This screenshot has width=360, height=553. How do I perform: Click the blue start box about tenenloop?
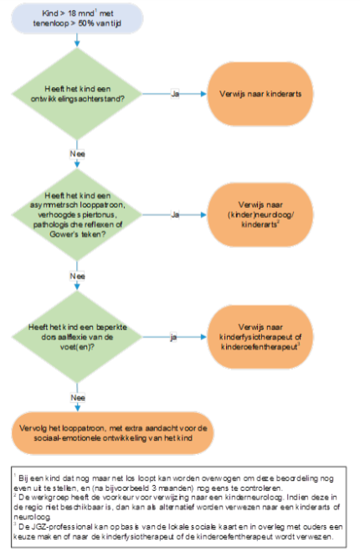coord(77,18)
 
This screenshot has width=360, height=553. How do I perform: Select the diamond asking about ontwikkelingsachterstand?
coord(77,94)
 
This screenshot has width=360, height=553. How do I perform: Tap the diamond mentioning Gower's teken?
coord(77,214)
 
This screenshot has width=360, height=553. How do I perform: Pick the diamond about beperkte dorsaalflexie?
coord(77,337)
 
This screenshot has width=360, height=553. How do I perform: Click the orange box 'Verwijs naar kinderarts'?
coord(260,94)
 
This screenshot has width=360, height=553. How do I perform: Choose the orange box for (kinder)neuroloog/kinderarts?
coord(260,214)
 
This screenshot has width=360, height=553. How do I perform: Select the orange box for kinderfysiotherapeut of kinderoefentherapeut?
coord(260,337)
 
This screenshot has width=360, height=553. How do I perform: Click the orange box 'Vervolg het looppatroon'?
coord(113,433)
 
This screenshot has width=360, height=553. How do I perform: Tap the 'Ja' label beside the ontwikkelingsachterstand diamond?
coord(175,94)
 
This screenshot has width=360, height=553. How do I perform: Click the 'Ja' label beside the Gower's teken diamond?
coord(175,214)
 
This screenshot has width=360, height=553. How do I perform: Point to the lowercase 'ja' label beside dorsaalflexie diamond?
coord(173,338)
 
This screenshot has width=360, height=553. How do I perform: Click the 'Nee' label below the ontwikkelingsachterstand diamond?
coord(77,154)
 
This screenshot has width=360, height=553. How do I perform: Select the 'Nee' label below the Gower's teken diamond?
coord(77,276)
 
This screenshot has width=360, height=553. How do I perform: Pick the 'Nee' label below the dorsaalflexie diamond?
coord(78,398)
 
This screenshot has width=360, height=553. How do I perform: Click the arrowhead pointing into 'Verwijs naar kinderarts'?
coord(203,94)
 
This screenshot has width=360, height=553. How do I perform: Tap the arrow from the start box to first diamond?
coord(77,40)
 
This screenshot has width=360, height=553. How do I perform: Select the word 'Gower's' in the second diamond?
coord(62,234)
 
